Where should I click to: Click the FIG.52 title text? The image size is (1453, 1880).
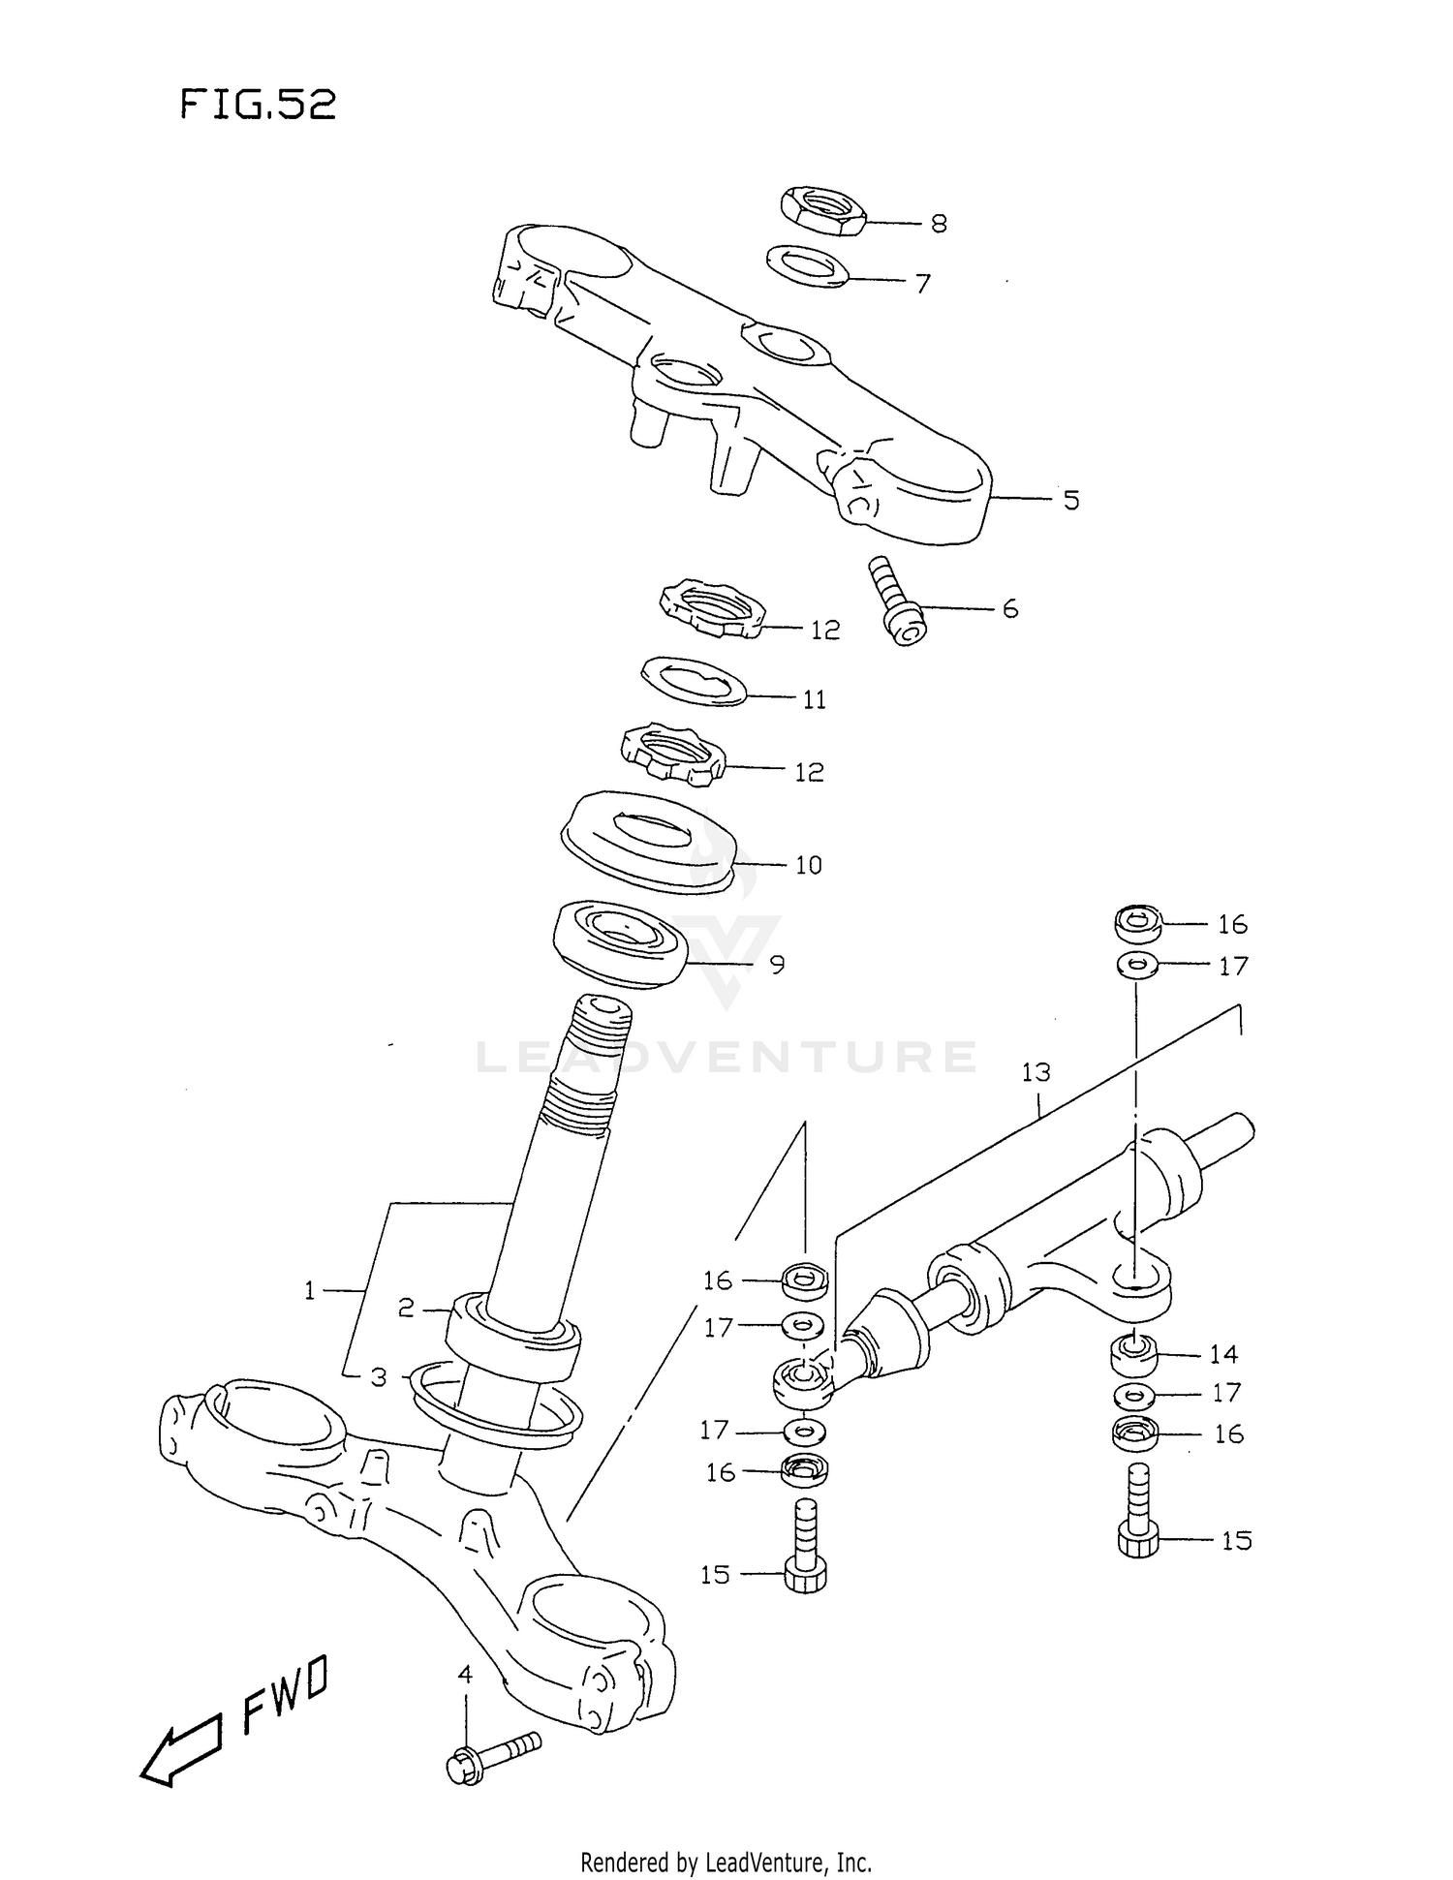pos(259,104)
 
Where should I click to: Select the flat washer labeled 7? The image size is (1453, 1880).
pos(807,266)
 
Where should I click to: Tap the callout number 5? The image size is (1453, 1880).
pos(1070,501)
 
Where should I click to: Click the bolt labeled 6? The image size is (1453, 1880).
pos(898,603)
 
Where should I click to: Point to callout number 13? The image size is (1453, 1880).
pos(1036,1073)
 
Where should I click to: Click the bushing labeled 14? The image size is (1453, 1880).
pos(1132,1355)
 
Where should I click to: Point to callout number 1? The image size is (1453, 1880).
pos(309,1290)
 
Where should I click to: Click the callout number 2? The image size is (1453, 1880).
pos(406,1309)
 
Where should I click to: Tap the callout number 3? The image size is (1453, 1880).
pos(379,1376)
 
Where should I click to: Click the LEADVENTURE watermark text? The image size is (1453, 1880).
pos(726,1057)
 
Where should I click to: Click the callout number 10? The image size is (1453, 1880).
pos(808,865)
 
